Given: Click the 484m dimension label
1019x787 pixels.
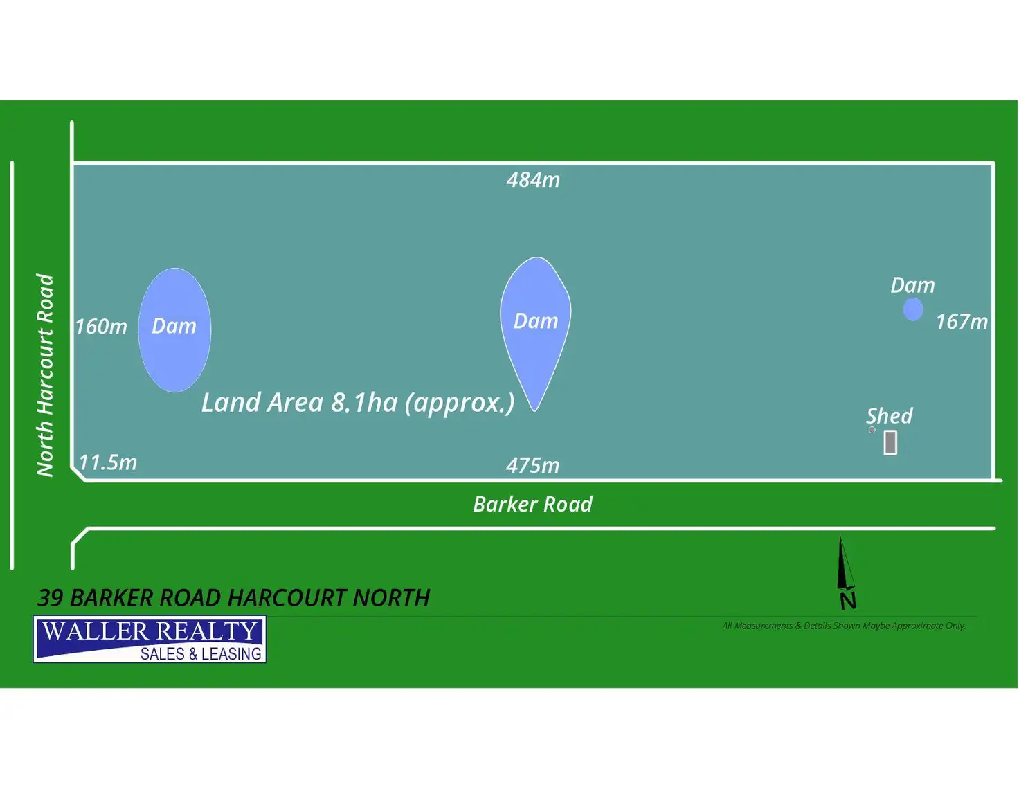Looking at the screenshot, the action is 533,180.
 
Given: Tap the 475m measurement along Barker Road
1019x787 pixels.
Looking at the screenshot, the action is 532,465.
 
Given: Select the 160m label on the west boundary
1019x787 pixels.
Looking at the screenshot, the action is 101,327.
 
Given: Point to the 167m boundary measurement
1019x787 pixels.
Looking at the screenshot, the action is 962,322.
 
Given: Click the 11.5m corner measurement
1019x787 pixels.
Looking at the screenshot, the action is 108,462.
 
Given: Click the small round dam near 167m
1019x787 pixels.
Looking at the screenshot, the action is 913,309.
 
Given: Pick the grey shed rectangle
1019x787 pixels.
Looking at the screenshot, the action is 891,442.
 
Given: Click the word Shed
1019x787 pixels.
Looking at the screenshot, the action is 890,416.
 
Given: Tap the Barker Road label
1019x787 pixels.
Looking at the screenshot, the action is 532,504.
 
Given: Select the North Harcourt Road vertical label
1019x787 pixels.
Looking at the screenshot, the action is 45,375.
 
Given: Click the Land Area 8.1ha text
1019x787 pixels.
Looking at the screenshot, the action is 358,403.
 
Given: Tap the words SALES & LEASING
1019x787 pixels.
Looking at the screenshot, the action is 201,654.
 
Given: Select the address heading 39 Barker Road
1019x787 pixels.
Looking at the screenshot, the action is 234,598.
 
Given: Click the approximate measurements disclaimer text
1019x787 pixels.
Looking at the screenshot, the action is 844,626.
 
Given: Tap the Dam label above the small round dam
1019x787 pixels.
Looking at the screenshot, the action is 912,285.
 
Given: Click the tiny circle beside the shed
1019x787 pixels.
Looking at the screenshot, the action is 872,430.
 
